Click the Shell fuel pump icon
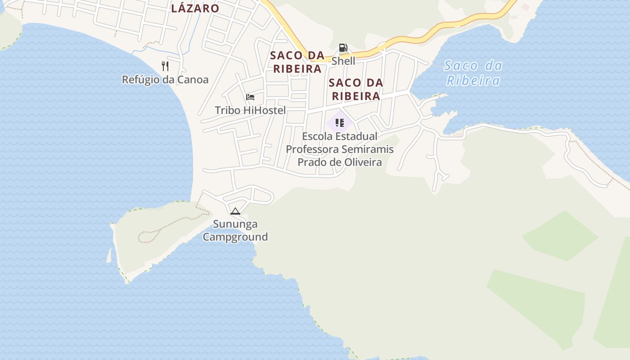click(x=343, y=47)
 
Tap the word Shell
click(x=343, y=61)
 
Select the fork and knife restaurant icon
click(x=165, y=66)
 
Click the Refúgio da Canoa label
click(x=165, y=80)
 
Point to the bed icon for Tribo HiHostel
click(x=250, y=97)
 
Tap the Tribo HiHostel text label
click(x=250, y=110)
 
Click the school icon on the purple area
click(x=340, y=122)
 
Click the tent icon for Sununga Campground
click(x=235, y=211)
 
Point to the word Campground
click(x=235, y=237)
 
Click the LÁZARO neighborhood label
click(x=195, y=8)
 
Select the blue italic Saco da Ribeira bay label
click(x=472, y=73)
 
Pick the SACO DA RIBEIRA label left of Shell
click(x=297, y=62)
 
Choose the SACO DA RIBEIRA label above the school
click(x=355, y=89)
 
